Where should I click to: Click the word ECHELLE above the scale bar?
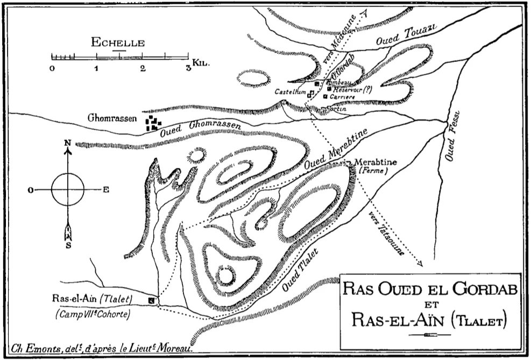pyautogui.click(x=118, y=43)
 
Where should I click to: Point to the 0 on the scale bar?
pyautogui.click(x=52, y=68)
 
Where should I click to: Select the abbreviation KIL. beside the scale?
pyautogui.click(x=200, y=62)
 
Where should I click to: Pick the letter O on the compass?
pyautogui.click(x=31, y=189)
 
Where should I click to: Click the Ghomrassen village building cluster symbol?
pyautogui.click(x=154, y=124)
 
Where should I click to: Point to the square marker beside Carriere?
pyautogui.click(x=325, y=96)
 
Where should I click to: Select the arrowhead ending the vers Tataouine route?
pyautogui.click(x=420, y=264)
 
